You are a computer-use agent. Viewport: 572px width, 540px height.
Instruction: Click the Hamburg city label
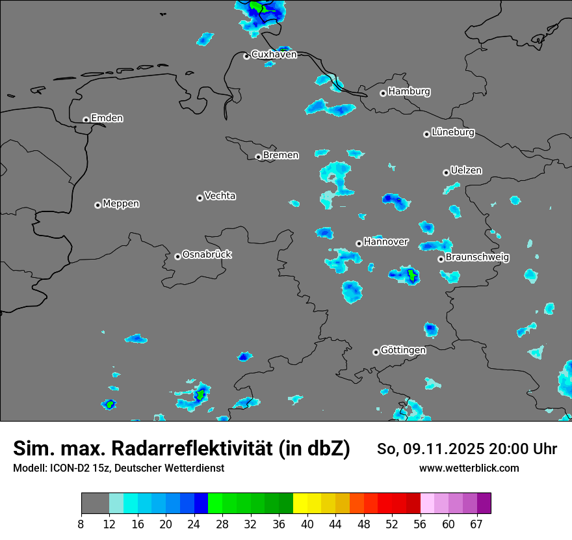409,92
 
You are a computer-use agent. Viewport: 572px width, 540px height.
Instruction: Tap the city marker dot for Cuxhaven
246,56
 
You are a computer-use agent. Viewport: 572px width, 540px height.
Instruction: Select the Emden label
107,118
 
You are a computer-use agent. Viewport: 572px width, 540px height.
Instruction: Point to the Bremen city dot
258,157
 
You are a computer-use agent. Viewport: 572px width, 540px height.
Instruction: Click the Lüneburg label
452,133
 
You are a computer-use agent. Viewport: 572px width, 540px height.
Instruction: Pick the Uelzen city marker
446,172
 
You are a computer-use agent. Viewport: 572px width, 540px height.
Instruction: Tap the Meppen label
121,204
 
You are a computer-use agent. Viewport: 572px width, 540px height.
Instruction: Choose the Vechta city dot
200,198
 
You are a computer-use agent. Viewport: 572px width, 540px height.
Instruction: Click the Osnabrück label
207,254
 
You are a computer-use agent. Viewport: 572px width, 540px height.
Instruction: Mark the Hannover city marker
359,243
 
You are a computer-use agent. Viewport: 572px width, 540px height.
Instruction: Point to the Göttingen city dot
376,352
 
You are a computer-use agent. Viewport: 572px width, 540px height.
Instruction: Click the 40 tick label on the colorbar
307,524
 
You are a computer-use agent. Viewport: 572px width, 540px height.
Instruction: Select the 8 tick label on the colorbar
81,524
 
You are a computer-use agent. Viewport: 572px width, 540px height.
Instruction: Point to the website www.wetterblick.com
469,468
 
